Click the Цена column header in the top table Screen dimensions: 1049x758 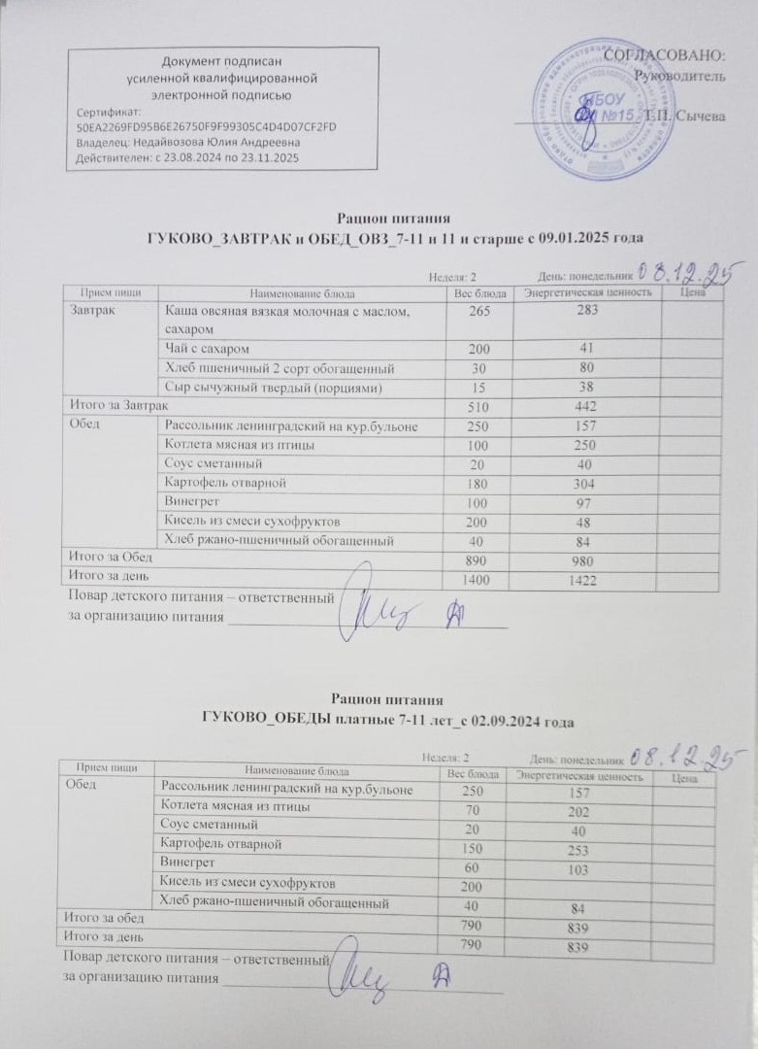coord(692,291)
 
